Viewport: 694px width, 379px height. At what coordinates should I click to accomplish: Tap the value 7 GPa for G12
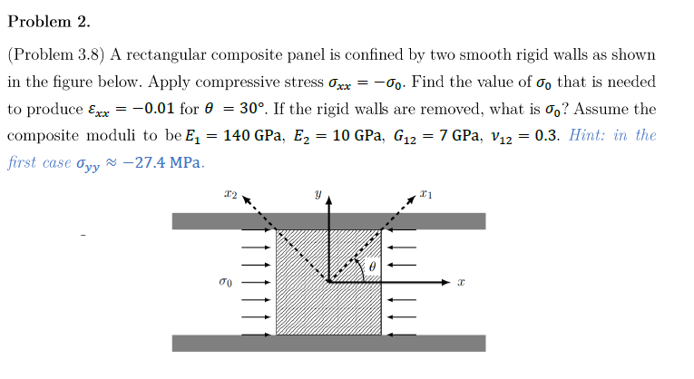pos(458,136)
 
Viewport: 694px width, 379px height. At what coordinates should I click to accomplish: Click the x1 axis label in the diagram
pos(426,194)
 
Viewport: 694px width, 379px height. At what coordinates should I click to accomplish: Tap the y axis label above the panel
pos(318,194)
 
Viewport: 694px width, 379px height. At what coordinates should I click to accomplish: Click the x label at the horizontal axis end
pos(462,284)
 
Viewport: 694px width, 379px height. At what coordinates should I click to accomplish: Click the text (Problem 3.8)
pos(56,54)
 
